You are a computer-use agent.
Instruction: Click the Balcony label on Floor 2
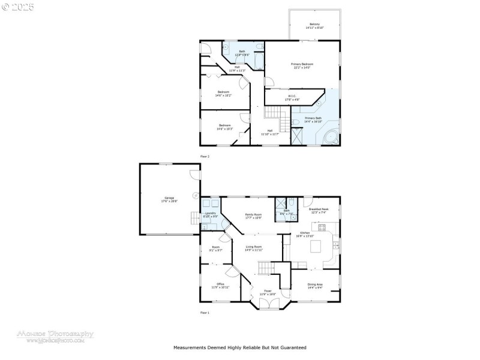pos(315,26)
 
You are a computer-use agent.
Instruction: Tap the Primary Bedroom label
pos(302,65)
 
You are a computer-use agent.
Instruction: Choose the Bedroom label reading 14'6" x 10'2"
pos(224,93)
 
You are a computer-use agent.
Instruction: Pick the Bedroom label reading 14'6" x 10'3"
pos(224,127)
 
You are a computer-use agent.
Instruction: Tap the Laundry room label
pos(210,214)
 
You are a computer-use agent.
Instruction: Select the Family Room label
pos(253,215)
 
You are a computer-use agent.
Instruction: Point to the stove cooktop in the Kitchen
pos(322,227)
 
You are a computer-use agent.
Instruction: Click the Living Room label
pos(254,248)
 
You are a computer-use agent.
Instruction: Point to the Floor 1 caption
pos(205,313)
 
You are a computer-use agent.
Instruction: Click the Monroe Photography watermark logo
pos(55,336)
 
